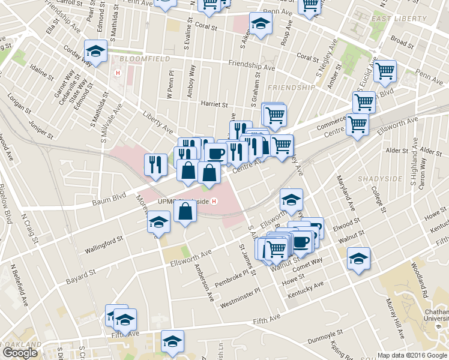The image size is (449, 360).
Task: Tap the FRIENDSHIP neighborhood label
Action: click(291, 88)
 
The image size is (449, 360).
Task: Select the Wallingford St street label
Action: click(104, 241)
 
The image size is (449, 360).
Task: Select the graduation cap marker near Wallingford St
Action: click(158, 223)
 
